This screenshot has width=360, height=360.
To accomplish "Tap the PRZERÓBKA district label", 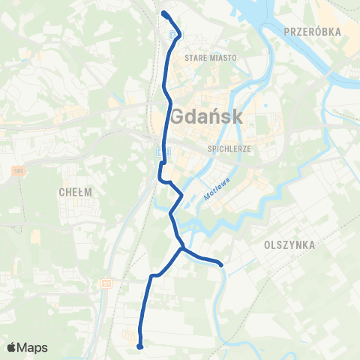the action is coord(313,31).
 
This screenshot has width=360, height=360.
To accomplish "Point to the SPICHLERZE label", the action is coord(229,148).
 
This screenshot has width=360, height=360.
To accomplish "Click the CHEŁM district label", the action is coord(75,192).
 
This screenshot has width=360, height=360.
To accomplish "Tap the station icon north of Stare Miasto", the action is coord(174,34).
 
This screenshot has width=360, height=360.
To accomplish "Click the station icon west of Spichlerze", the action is coord(162,152).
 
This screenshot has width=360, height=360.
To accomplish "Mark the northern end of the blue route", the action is coord(163,13).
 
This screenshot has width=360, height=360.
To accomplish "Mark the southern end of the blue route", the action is coord(140,346).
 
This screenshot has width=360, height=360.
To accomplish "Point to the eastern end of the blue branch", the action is coord(222,263).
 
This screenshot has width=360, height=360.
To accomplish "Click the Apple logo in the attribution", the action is coord(12,347).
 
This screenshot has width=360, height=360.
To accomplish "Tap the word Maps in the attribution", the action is coord(33,347).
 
